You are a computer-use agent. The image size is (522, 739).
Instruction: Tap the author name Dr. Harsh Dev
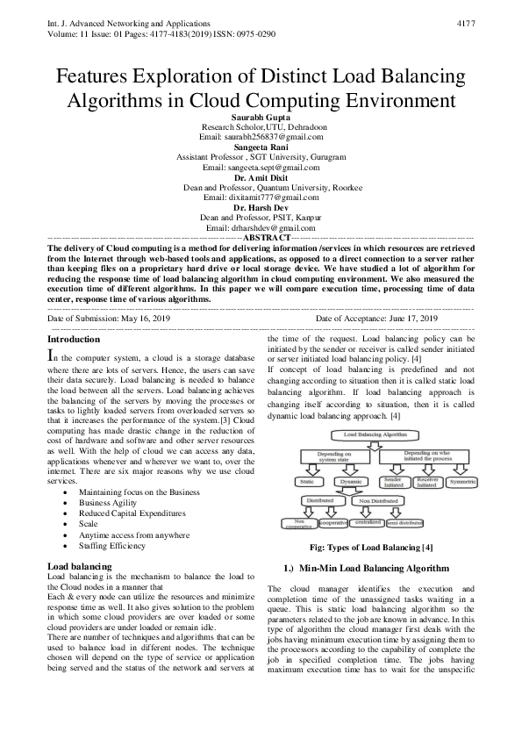pyautogui.click(x=261, y=207)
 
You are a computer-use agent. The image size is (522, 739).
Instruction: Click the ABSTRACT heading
pyautogui.click(x=266, y=238)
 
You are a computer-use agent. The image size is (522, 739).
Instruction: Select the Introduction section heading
pyautogui.click(x=73, y=339)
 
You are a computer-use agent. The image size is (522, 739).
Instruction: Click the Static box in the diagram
pyautogui.click(x=307, y=482)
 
